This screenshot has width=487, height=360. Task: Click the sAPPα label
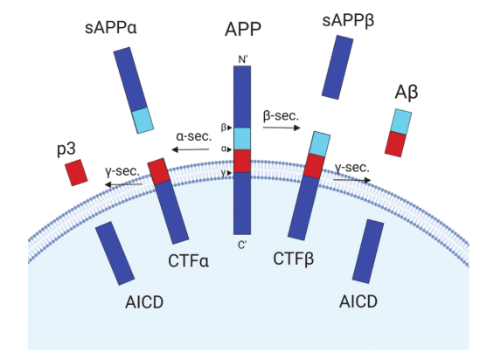point(110,28)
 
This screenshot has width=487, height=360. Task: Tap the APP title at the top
point(243,30)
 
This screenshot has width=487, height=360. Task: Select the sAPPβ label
point(348,21)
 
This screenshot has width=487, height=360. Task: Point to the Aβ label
point(407,93)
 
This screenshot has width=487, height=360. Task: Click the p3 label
point(66,149)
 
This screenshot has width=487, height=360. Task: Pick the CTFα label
point(188,260)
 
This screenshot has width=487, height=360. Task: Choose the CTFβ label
point(294,259)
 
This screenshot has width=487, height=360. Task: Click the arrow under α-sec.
point(191,149)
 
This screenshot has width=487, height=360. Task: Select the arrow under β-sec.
point(282,128)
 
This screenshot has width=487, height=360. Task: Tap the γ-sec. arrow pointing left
point(123,184)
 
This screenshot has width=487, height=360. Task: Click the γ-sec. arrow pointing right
point(352,180)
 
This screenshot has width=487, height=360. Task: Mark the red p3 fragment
point(76,173)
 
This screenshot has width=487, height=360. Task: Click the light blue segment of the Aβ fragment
point(401,121)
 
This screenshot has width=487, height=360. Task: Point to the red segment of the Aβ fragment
point(395,144)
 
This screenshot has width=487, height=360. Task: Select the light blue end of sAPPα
point(143,121)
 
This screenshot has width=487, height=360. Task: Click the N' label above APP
point(243,59)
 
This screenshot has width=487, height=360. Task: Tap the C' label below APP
point(242,246)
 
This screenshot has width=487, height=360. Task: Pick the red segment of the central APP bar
point(242,161)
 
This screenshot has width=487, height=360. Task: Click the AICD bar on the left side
point(115,253)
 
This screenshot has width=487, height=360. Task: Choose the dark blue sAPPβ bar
point(337,67)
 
